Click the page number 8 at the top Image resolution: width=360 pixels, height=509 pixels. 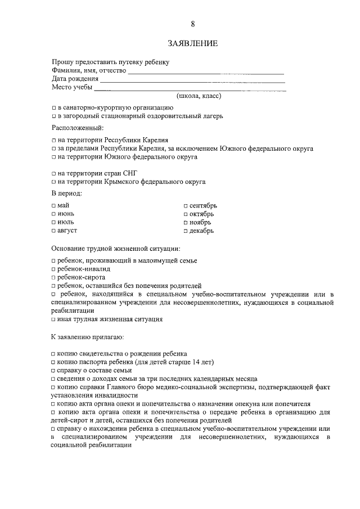(192, 24)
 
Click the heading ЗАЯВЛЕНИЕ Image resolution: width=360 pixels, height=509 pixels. (192, 43)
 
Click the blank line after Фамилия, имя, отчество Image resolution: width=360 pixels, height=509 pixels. (206, 73)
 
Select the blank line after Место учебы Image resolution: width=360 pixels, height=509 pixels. (190, 90)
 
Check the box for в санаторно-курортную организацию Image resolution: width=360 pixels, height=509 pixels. (53, 107)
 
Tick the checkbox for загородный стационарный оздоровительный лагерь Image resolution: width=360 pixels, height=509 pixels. (53, 116)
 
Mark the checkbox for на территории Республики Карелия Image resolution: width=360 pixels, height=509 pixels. (53, 139)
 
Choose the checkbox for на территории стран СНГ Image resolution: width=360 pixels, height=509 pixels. (53, 173)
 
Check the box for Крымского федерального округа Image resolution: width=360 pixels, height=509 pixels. (53, 182)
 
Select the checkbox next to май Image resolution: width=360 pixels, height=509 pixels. (53, 205)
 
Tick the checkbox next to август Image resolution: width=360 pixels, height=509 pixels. (53, 231)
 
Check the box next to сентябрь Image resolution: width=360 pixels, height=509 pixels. (186, 205)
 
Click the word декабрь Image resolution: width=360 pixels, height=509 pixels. (202, 231)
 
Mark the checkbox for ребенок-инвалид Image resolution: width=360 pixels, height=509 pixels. (53, 269)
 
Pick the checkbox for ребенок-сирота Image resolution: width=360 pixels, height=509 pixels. (53, 277)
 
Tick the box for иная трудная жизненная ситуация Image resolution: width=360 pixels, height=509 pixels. (53, 319)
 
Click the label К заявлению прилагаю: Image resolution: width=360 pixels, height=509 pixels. (88, 337)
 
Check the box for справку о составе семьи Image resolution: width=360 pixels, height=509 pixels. (53, 371)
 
